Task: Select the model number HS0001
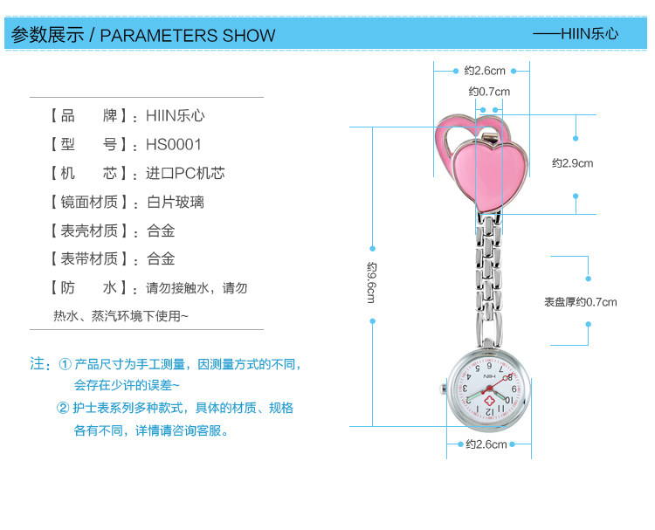(x=174, y=144)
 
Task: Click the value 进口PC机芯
(x=185, y=173)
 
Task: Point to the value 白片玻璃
(x=176, y=202)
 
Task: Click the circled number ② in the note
(x=65, y=408)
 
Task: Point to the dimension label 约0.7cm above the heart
(x=488, y=92)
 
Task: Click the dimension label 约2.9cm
(x=572, y=163)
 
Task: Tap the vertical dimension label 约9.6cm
(x=372, y=282)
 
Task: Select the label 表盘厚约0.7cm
(x=580, y=302)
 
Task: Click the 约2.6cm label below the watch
(x=486, y=444)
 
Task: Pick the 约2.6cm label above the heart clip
(x=485, y=70)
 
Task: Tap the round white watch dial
(x=488, y=389)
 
